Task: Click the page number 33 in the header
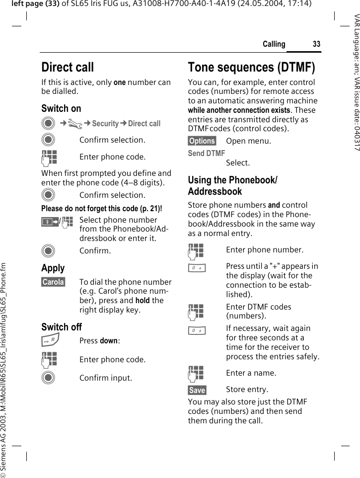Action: (x=316, y=44)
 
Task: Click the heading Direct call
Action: (x=68, y=67)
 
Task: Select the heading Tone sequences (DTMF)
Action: (x=251, y=67)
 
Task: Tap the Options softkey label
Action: (x=202, y=141)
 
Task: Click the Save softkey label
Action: (x=197, y=390)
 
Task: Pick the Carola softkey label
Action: (x=53, y=282)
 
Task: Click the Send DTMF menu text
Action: (x=206, y=154)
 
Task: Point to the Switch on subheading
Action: (x=61, y=108)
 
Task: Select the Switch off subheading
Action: (x=62, y=327)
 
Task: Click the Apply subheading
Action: (x=53, y=268)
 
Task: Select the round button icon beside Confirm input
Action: (x=49, y=378)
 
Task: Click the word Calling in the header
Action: (x=274, y=44)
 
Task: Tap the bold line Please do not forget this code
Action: (x=101, y=208)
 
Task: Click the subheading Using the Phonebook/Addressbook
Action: (x=232, y=185)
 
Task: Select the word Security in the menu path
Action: (x=105, y=124)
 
